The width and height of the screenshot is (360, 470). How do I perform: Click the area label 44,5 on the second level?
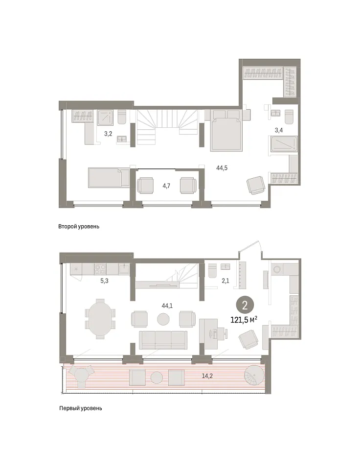tap(222, 168)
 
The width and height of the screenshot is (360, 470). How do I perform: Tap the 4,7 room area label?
tap(166, 186)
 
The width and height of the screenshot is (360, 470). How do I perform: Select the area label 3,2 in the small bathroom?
tap(108, 134)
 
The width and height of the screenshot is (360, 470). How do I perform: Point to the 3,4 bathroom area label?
tap(279, 130)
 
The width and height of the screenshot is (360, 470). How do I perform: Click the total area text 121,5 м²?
tap(244, 320)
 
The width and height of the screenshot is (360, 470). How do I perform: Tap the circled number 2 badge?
tap(245, 305)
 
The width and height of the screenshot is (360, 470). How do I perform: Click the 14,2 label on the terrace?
tap(207, 376)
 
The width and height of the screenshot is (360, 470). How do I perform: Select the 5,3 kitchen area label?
tap(104, 281)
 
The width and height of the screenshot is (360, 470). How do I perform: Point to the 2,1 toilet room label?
tap(225, 281)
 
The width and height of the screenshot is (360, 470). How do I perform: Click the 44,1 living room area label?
tap(167, 305)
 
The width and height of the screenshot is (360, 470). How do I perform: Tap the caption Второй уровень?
tap(79, 227)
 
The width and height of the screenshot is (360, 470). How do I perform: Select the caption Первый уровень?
tap(81, 408)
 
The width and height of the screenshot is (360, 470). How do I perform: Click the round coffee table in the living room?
tap(163, 319)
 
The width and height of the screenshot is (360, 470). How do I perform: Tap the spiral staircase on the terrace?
tap(254, 376)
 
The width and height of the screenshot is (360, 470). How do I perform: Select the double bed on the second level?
tap(226, 131)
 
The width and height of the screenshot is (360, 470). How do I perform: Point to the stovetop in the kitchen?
tap(100, 269)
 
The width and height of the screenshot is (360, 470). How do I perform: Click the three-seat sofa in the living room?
tap(163, 340)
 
